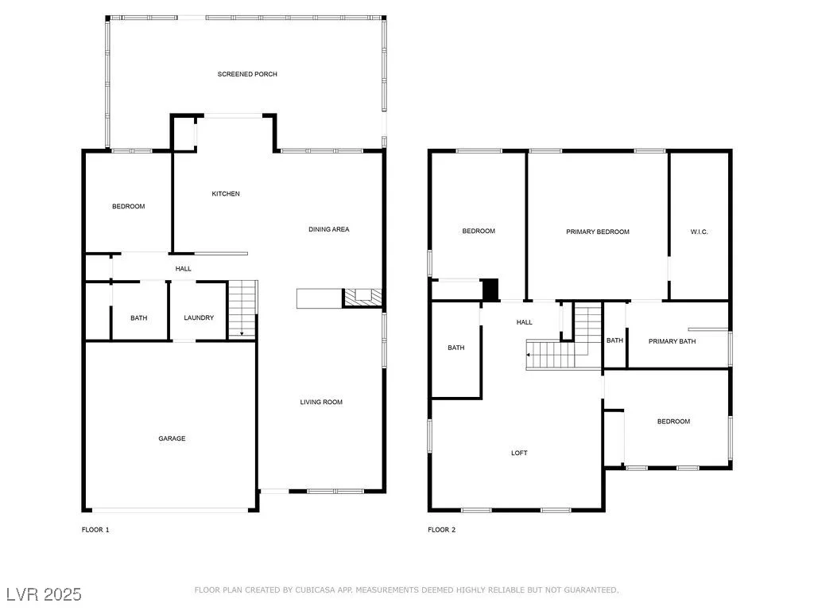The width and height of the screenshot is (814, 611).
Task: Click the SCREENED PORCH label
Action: point(247,74)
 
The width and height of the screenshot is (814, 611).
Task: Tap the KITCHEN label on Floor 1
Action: point(226,194)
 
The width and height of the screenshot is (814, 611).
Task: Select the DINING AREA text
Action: point(328,229)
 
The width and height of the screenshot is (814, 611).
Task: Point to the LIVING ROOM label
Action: point(321,402)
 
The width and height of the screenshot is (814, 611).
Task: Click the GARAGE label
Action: point(172,438)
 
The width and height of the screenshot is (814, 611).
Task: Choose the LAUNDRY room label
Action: point(199,317)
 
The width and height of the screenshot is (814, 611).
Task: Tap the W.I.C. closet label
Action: point(699,232)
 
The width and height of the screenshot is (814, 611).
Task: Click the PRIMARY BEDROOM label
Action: point(598,232)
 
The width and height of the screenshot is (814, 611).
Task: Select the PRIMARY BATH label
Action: point(673,341)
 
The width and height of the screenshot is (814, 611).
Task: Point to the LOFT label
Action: point(519,453)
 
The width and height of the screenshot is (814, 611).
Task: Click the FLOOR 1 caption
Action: point(95,530)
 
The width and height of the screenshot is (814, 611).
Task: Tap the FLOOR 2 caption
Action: point(442,530)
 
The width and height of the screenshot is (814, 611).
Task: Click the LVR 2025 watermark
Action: point(45,594)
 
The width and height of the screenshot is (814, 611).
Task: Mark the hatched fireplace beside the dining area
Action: point(362,298)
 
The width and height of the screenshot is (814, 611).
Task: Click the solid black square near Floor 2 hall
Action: point(490,290)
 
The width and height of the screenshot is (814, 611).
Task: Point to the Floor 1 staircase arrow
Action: point(242,333)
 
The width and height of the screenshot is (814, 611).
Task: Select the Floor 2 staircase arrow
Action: point(529,355)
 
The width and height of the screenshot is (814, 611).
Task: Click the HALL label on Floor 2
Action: point(525,322)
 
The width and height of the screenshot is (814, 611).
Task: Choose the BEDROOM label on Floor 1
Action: point(128,206)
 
